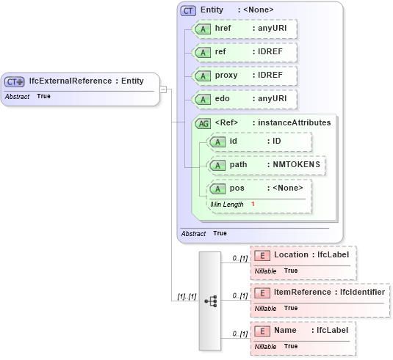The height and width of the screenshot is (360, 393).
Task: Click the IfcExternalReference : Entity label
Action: [86, 81]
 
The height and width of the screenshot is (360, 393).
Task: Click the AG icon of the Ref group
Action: [203, 123]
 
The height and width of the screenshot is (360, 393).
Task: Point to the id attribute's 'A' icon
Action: [217, 142]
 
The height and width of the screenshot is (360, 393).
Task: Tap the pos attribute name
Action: [237, 188]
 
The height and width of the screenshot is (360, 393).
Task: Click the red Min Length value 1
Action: [253, 204]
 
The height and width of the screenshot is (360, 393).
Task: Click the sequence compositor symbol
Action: [210, 301]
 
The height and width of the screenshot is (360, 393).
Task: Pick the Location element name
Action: [291, 254]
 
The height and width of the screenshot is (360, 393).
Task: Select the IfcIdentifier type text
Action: [361, 292]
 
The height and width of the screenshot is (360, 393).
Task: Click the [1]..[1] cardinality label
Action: [187, 296]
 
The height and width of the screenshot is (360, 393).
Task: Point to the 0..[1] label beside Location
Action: [239, 258]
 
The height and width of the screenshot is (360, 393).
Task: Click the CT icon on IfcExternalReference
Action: [15, 81]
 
